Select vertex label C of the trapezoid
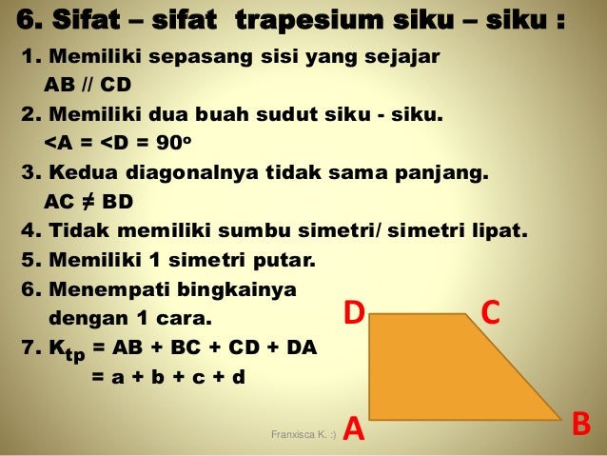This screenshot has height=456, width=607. click(491, 313)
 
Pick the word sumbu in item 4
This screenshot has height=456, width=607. click(299, 231)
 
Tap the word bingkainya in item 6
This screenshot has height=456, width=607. click(245, 288)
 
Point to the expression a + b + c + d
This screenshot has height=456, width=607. click(167, 376)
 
